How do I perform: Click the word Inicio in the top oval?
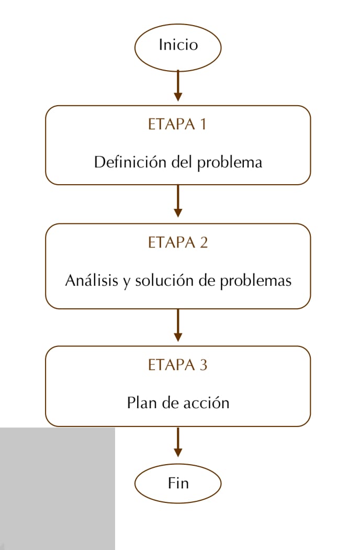178,44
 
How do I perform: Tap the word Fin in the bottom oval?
178,483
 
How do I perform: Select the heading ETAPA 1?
177,124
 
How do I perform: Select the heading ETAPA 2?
178,242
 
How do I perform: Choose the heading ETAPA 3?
177,365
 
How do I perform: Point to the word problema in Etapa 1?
230,163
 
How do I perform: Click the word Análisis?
92,280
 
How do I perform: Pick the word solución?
164,280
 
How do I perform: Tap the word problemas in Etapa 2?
256,282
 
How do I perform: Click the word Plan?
142,402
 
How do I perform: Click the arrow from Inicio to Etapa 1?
178,86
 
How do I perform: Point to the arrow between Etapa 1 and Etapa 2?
178,201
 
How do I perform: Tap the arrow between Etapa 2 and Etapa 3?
178,325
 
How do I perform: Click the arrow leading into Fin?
178,442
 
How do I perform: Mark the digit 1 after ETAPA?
203,124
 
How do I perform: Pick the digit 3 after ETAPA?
204,365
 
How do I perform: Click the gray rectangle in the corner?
58,489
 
